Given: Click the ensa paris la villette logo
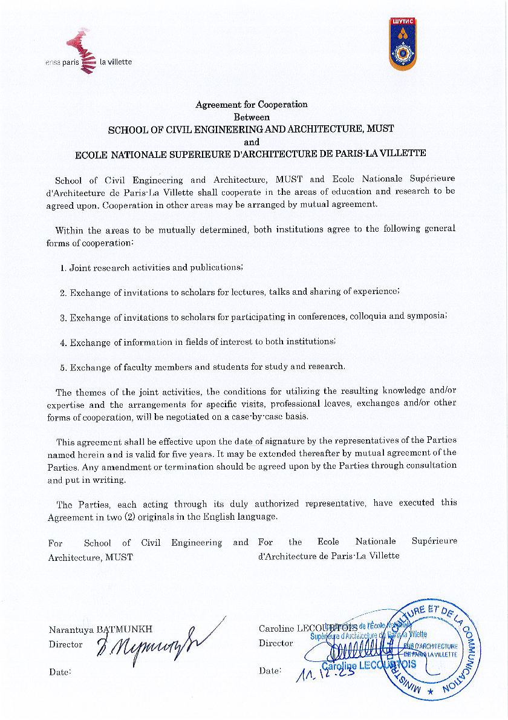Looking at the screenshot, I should pos(88,54).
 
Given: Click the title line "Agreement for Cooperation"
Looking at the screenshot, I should pos(251,104).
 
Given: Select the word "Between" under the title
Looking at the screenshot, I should pos(252,117).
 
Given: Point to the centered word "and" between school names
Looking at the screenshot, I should pos(251,142).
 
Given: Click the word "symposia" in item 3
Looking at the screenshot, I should pos(429,316).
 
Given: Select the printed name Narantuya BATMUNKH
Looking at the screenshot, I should pos(100,629).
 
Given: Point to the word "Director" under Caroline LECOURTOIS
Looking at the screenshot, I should pos(276,643).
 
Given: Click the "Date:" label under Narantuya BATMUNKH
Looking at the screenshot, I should pos(60,671).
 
